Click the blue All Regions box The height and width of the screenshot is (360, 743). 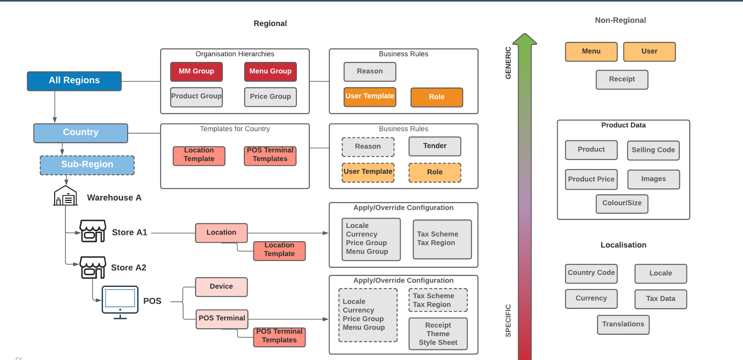(74, 81)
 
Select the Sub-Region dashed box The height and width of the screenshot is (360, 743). (87, 165)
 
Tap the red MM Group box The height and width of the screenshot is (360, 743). (196, 72)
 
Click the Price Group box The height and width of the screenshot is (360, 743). (270, 97)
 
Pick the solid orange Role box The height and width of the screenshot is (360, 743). (437, 97)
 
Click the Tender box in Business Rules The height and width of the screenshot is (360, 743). (435, 146)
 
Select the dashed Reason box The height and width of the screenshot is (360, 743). (368, 147)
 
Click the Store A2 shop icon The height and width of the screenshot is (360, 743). (92, 267)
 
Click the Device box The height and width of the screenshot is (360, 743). (221, 287)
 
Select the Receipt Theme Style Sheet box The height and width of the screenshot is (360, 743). (438, 334)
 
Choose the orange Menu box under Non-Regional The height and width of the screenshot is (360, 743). (591, 51)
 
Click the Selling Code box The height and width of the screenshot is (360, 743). (653, 150)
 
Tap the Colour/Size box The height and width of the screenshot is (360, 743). (621, 204)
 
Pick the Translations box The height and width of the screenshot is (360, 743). (623, 324)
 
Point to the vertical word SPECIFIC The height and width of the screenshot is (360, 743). (508, 321)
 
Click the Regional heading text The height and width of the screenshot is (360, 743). (270, 24)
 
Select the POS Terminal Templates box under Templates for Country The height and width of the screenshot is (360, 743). (270, 155)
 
